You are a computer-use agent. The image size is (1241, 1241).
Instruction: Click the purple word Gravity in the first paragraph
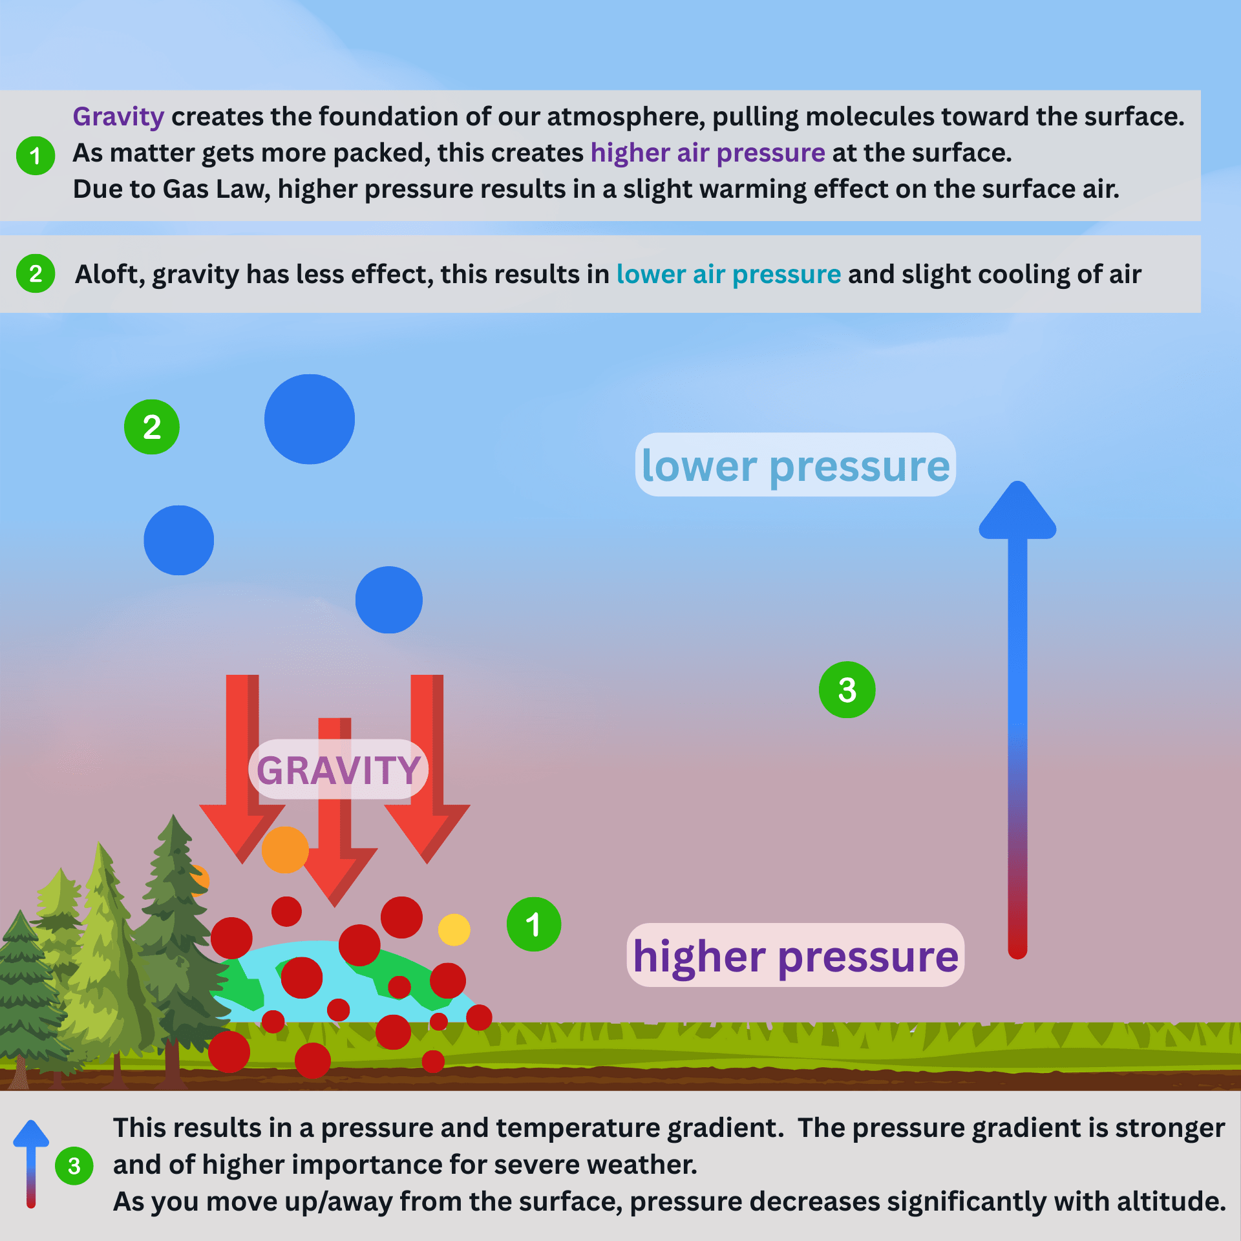point(118,117)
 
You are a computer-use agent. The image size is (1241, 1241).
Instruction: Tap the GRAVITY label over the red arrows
point(338,770)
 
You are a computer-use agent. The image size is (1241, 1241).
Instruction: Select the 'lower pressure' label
point(795,465)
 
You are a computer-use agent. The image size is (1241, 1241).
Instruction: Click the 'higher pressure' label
point(795,956)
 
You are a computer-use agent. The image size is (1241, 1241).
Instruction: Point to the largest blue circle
point(310,419)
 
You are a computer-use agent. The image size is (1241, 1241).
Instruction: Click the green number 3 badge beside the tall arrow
point(847,690)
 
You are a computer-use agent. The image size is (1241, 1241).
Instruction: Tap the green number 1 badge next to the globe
point(533,924)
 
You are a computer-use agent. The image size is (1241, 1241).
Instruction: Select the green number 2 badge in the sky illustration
point(151,427)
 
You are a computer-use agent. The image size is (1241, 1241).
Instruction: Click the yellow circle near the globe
point(454,929)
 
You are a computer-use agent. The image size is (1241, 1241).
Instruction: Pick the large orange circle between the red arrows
point(285,850)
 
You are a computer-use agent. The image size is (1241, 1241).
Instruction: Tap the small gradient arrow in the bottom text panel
point(31,1163)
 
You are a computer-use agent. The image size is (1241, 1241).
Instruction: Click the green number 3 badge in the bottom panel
point(74,1166)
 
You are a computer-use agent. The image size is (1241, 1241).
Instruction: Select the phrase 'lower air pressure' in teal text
point(728,275)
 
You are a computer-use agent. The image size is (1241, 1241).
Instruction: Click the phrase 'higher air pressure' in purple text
point(708,153)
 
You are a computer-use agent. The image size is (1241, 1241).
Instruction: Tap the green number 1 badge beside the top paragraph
point(36,156)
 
